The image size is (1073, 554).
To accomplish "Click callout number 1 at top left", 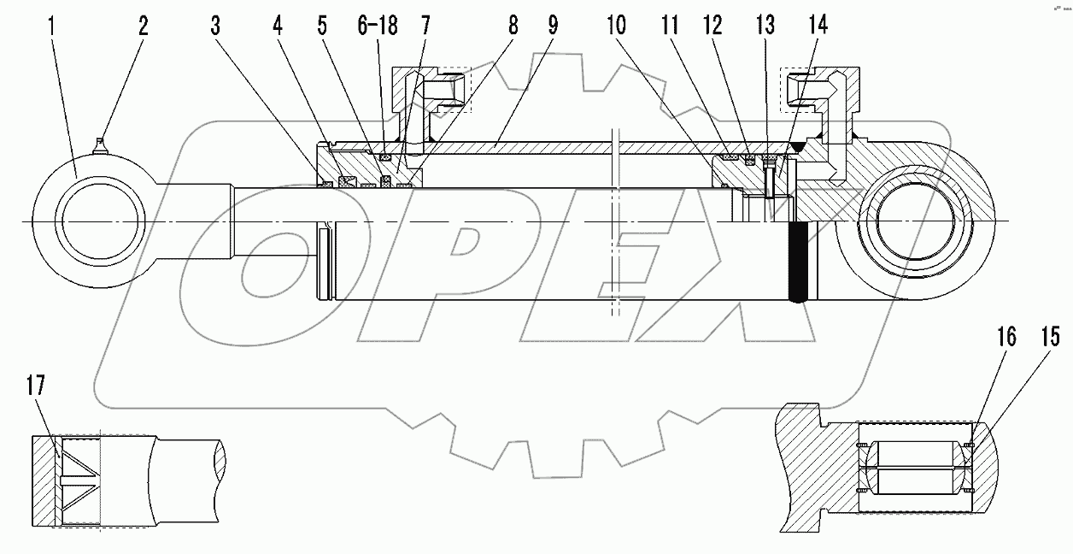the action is pyautogui.click(x=52, y=26).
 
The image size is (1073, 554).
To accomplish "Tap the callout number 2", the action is pyautogui.click(x=144, y=26).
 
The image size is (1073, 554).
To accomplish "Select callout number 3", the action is pyautogui.click(x=215, y=26).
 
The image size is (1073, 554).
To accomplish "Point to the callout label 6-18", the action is pyautogui.click(x=378, y=26).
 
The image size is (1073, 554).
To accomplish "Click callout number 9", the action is pyautogui.click(x=554, y=26).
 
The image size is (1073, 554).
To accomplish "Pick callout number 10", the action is pyautogui.click(x=617, y=26).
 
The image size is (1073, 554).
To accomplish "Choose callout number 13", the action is pyautogui.click(x=765, y=26).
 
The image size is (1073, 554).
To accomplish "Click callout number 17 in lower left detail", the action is pyautogui.click(x=35, y=386).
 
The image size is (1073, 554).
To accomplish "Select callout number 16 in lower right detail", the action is pyautogui.click(x=1006, y=337).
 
